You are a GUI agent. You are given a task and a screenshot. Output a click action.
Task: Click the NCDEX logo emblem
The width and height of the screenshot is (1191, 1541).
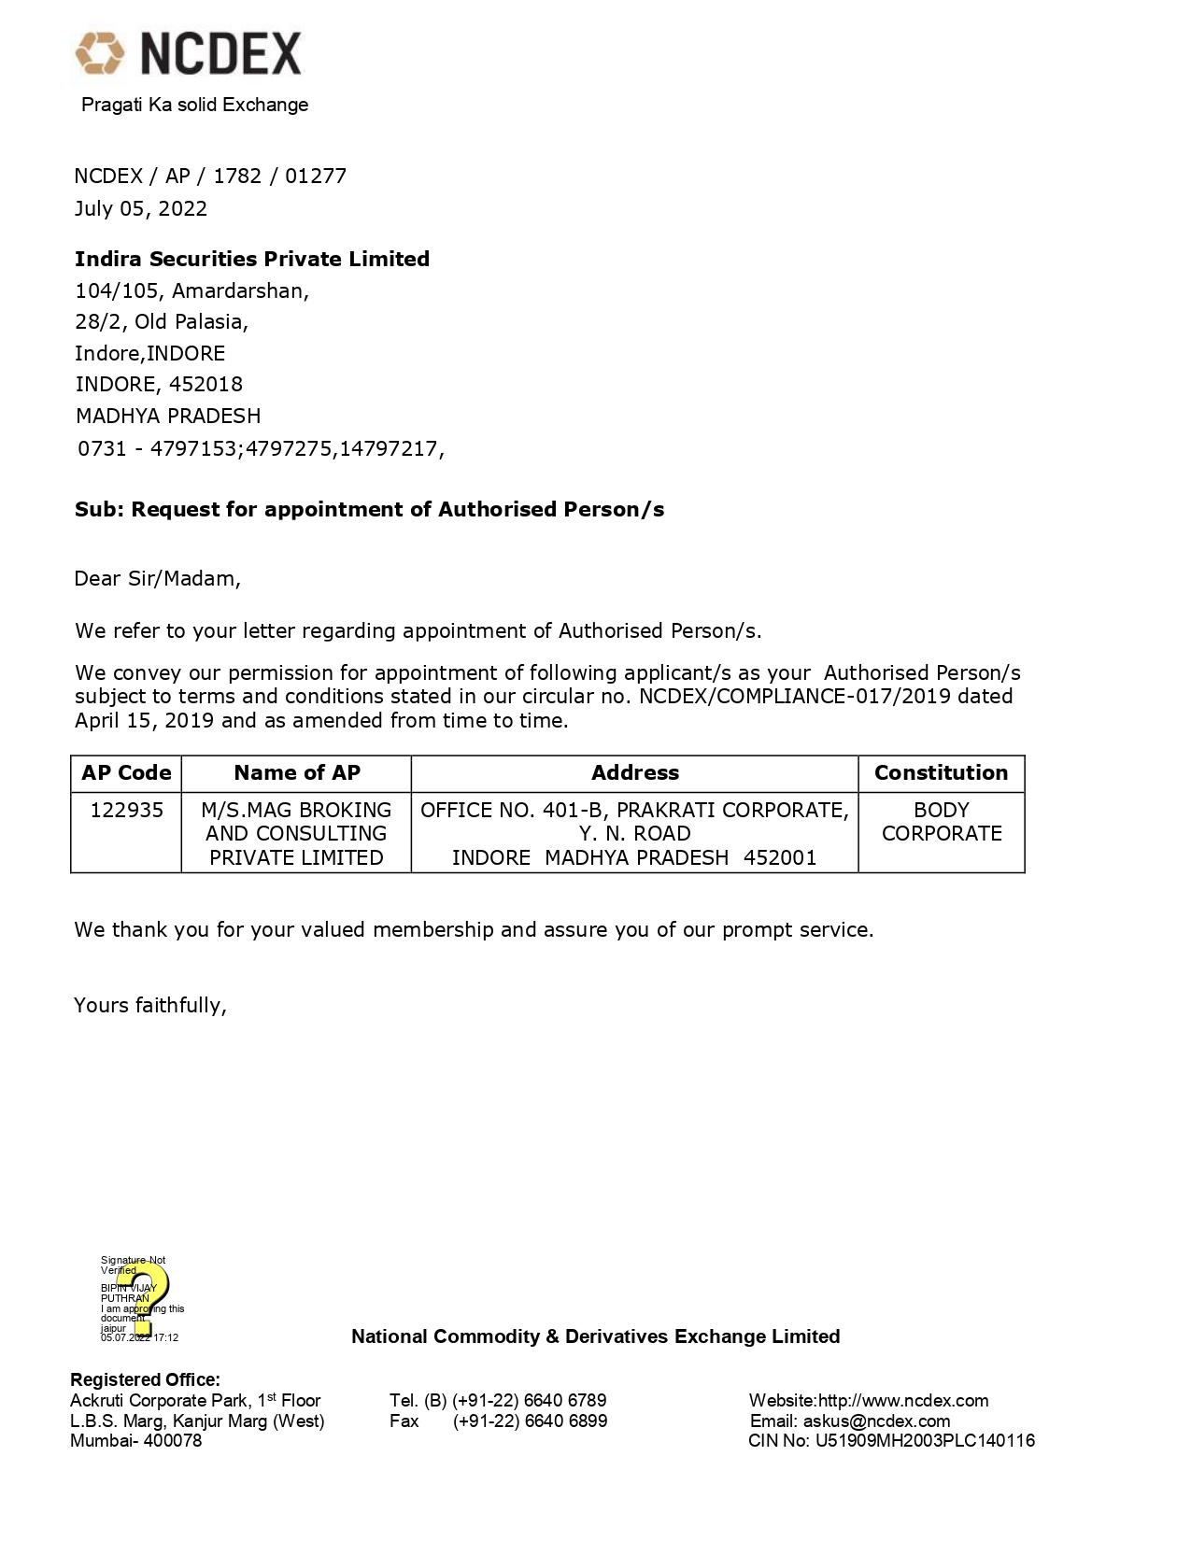(x=100, y=52)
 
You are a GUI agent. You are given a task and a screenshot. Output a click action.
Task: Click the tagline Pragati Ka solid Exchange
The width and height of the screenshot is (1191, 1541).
(x=194, y=105)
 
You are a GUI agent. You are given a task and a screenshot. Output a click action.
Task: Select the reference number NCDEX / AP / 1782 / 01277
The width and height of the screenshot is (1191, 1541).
(x=210, y=176)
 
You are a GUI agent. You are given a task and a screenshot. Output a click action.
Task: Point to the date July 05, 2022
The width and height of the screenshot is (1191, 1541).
(x=141, y=208)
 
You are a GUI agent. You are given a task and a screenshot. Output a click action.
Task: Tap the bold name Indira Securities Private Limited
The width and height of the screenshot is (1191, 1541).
(x=252, y=259)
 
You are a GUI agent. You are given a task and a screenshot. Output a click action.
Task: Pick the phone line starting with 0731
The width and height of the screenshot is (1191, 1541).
(x=261, y=448)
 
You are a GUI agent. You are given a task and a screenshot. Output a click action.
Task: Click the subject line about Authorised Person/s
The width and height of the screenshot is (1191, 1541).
(x=369, y=509)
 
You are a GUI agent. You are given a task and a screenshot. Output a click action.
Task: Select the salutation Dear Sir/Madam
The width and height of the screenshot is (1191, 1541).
(x=157, y=578)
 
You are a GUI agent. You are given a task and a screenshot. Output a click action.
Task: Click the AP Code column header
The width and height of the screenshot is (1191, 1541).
(x=126, y=772)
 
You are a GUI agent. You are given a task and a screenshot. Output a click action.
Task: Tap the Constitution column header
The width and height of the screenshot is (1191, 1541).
(x=941, y=772)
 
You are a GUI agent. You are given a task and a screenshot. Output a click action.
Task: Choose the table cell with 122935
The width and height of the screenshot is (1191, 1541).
(x=126, y=810)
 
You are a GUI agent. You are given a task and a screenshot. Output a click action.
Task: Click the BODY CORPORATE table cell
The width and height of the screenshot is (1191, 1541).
(x=941, y=822)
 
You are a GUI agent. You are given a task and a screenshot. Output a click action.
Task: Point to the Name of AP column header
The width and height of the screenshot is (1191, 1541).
(x=296, y=772)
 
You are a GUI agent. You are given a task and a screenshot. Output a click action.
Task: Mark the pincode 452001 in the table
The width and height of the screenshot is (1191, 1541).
(x=780, y=857)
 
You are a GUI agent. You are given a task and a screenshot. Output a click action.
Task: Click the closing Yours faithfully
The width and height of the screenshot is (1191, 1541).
(x=150, y=1005)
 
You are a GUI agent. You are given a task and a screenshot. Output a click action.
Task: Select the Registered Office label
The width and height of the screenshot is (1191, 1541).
(x=145, y=1379)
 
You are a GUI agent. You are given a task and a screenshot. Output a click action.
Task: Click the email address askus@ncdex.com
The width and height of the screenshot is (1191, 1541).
(x=876, y=1421)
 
